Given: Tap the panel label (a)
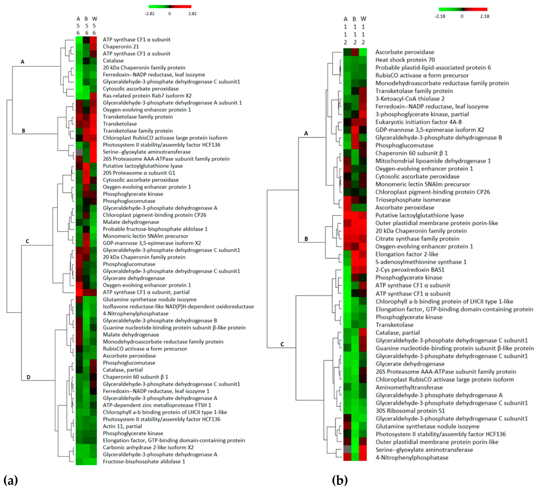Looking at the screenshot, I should [x=11, y=480].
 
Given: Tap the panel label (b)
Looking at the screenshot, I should [x=340, y=480].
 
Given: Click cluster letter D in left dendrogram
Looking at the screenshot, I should [x=28, y=377].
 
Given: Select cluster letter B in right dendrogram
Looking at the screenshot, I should [x=306, y=239].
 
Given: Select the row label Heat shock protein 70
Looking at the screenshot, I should [x=405, y=60].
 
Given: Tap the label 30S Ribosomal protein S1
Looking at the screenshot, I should [x=410, y=411].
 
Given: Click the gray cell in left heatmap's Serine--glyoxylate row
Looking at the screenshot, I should [x=79, y=152].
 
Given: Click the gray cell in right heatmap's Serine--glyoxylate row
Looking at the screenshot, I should [x=347, y=450].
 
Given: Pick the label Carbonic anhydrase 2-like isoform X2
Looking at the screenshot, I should [x=148, y=447].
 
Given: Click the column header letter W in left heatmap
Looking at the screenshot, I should [x=94, y=19].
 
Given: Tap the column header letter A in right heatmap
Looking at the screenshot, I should [x=345, y=19].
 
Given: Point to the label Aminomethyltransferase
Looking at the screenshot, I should [x=409, y=387].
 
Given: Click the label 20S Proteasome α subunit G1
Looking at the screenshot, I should [x=139, y=173].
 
